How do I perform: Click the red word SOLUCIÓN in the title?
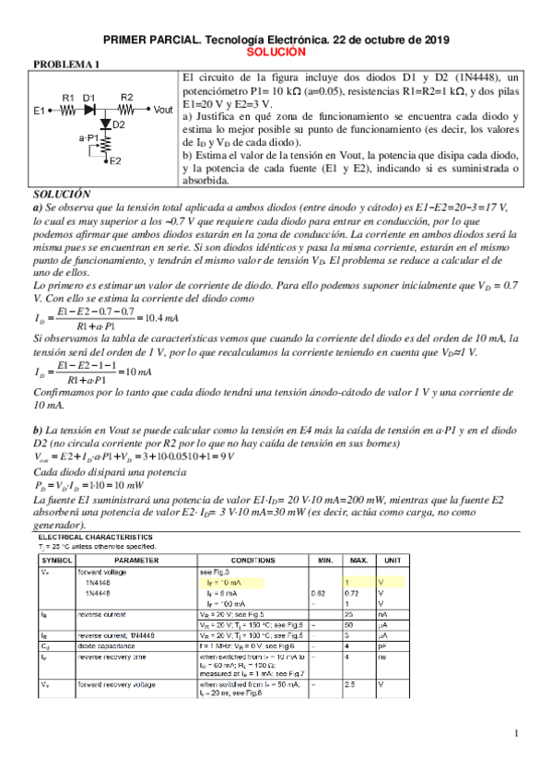coord(276,54)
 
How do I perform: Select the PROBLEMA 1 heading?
coord(65,65)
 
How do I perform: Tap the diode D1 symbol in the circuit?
coord(89,109)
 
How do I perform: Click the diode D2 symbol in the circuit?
coord(105,124)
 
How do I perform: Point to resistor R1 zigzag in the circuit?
coord(68,109)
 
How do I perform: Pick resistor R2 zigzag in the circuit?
coord(127,109)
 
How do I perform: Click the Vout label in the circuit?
coord(162,109)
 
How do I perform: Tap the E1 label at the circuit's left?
coord(40,111)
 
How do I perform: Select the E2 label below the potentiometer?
coord(114,161)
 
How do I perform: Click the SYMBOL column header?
coord(57,559)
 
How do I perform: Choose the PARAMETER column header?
coord(135,559)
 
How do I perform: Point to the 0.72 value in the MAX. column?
coord(351,592)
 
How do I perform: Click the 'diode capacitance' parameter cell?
coord(107,647)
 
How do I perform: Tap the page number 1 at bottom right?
coord(518,733)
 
